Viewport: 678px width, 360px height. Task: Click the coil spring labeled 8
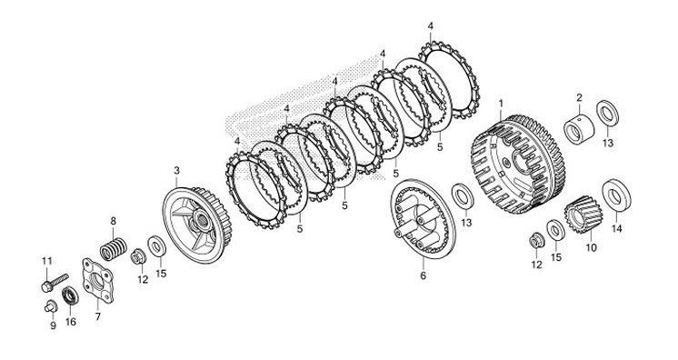pyautogui.click(x=114, y=249)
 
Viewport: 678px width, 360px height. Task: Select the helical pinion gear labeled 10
pyautogui.click(x=583, y=215)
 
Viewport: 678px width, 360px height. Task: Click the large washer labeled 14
pyautogui.click(x=616, y=195)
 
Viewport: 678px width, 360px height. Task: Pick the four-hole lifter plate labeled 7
pyautogui.click(x=98, y=280)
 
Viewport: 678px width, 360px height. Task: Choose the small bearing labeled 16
pyautogui.click(x=71, y=295)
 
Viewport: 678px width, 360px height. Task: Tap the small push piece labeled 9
pyautogui.click(x=50, y=306)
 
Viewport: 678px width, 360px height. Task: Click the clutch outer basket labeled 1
pyautogui.click(x=517, y=164)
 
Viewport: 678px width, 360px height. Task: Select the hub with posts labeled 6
pyautogui.click(x=423, y=218)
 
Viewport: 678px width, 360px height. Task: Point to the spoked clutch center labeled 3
pyautogui.click(x=197, y=225)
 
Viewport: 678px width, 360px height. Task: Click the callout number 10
pyautogui.click(x=591, y=248)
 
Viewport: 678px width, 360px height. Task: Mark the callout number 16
pyautogui.click(x=71, y=322)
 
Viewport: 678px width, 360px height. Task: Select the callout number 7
pyautogui.click(x=98, y=316)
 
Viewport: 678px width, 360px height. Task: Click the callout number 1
pyautogui.click(x=501, y=104)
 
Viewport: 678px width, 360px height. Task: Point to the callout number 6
pyautogui.click(x=423, y=275)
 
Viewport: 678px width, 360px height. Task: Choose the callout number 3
pyautogui.click(x=176, y=171)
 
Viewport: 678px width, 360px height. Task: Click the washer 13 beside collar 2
pyautogui.click(x=607, y=113)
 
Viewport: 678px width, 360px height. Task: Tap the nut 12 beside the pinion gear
pyautogui.click(x=536, y=241)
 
